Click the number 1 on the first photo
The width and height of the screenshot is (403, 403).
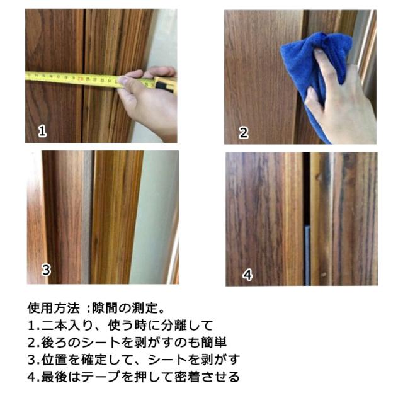pyautogui.click(x=42, y=130)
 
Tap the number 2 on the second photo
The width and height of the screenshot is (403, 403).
pyautogui.click(x=244, y=133)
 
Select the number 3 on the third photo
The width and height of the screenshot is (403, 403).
pyautogui.click(x=46, y=270)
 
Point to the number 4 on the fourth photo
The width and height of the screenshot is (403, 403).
pyautogui.click(x=247, y=275)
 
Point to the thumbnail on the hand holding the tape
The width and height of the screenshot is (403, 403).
pyautogui.click(x=123, y=81)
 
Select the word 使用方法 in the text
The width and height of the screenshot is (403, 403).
pyautogui.click(x=54, y=308)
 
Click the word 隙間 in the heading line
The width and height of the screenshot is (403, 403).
pyautogui.click(x=105, y=308)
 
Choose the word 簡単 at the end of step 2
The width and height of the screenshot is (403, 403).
pyautogui.click(x=214, y=343)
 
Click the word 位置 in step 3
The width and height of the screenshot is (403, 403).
pyautogui.click(x=54, y=360)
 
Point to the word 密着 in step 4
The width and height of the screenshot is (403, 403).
pyautogui.click(x=188, y=377)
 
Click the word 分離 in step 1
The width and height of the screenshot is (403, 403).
pyautogui.click(x=174, y=325)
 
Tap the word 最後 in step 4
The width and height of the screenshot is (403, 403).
pyautogui.click(x=54, y=377)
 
